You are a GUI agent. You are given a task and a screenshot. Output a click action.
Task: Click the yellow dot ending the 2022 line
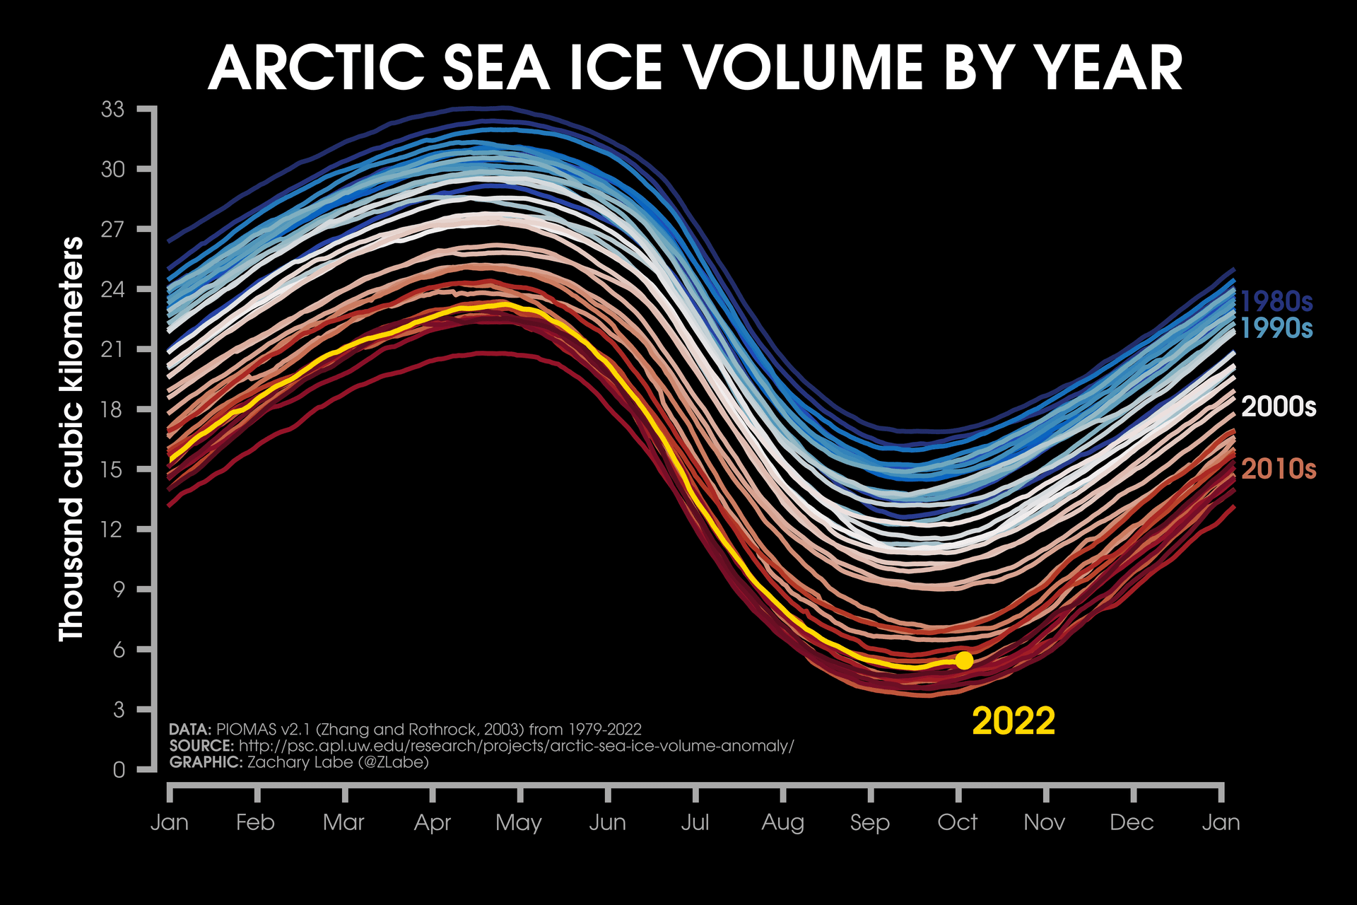[964, 660]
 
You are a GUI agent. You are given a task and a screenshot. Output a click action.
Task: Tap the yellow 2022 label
[1013, 721]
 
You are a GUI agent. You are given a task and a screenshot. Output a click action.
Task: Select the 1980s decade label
[1276, 301]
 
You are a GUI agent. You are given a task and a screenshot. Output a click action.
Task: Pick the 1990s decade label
[1276, 328]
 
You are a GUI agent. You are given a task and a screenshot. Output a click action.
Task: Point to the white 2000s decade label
[1278, 407]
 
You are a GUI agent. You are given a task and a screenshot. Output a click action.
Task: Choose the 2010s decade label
[1278, 469]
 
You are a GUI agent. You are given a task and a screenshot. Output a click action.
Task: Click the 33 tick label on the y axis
[112, 110]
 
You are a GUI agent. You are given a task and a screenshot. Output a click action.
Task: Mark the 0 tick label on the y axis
[119, 769]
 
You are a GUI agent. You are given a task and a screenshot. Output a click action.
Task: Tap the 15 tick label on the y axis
[112, 469]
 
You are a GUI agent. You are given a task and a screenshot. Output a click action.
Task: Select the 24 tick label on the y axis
[112, 289]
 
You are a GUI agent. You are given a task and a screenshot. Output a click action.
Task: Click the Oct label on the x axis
[957, 822]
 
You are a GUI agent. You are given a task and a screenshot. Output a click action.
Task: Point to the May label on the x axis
[518, 823]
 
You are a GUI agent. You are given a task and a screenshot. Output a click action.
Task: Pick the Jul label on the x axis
[695, 822]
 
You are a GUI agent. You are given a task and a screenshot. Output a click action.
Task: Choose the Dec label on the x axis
[1132, 822]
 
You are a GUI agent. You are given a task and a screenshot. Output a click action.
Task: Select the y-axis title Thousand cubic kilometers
[71, 438]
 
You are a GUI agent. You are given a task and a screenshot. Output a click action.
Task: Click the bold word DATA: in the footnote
[190, 730]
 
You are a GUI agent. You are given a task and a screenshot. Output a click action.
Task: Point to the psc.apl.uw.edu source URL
[516, 746]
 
